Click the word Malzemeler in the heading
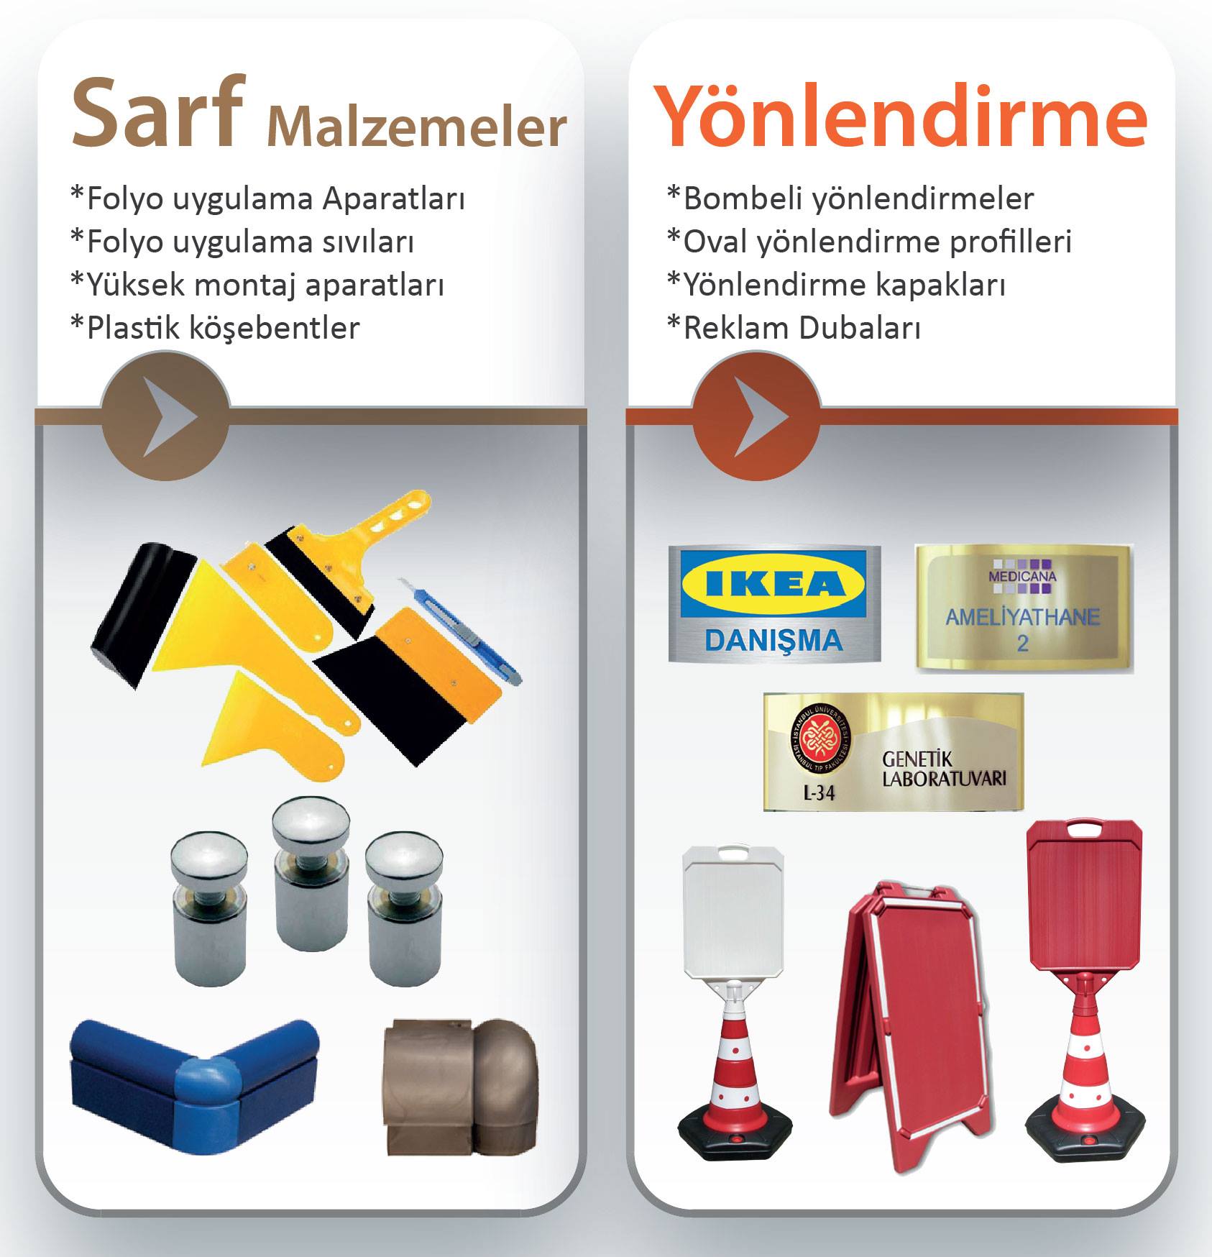(x=417, y=127)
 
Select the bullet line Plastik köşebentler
(x=215, y=328)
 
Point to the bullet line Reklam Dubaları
(x=794, y=328)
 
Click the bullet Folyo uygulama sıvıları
(x=242, y=242)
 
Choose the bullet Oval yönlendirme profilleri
(x=869, y=242)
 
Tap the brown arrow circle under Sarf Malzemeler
(x=166, y=416)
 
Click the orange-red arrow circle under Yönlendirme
(x=756, y=416)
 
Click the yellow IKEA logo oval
(x=773, y=584)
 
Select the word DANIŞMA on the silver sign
(x=773, y=639)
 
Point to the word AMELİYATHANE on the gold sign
(x=1022, y=617)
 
